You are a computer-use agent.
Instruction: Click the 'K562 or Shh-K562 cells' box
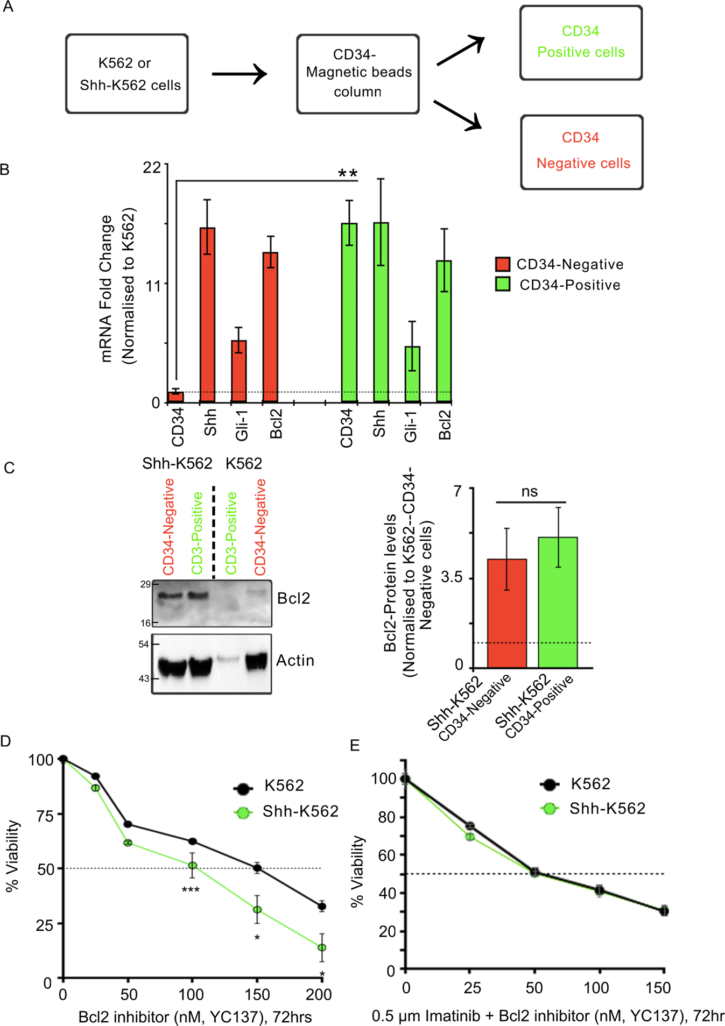click(x=127, y=74)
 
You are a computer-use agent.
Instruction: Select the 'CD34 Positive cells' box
click(x=581, y=43)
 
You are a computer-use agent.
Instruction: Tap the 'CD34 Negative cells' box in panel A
click(x=582, y=152)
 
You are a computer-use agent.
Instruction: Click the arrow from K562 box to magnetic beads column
click(x=239, y=74)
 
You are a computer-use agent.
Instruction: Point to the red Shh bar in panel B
click(x=207, y=315)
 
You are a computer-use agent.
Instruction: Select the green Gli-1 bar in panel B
click(x=412, y=374)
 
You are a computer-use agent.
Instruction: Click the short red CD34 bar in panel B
click(x=176, y=397)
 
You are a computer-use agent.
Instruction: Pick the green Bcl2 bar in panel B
click(x=444, y=331)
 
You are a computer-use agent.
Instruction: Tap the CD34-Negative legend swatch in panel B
click(x=503, y=264)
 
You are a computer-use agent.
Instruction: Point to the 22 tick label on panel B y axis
click(x=152, y=167)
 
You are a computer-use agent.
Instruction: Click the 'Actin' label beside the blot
click(x=295, y=660)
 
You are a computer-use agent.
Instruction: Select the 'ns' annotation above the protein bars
click(x=530, y=491)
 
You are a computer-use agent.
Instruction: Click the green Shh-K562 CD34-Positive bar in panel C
click(x=558, y=603)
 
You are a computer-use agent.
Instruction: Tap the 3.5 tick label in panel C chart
click(x=452, y=578)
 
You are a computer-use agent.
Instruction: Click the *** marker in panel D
click(x=191, y=890)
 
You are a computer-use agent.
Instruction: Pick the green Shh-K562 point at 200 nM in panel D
click(x=322, y=947)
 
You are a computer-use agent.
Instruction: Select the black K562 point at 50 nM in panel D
click(x=128, y=824)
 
